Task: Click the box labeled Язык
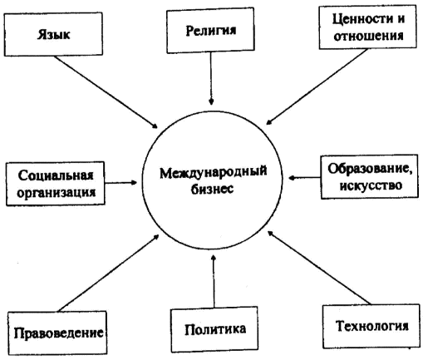point(53,34)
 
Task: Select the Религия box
point(210,30)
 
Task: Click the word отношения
point(368,36)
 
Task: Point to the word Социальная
point(56,175)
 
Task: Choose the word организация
point(57,192)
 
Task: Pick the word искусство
point(371,185)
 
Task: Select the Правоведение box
point(57,333)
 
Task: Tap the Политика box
point(214,329)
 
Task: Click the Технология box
point(371,326)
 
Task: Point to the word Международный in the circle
point(214,172)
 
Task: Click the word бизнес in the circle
point(212,189)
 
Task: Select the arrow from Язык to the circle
point(106,92)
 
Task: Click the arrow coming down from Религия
point(211,79)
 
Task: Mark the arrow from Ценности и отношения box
point(317,86)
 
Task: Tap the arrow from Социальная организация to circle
point(121,183)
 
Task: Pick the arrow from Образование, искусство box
point(304,177)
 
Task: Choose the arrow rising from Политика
point(214,281)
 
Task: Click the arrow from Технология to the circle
point(319,268)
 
